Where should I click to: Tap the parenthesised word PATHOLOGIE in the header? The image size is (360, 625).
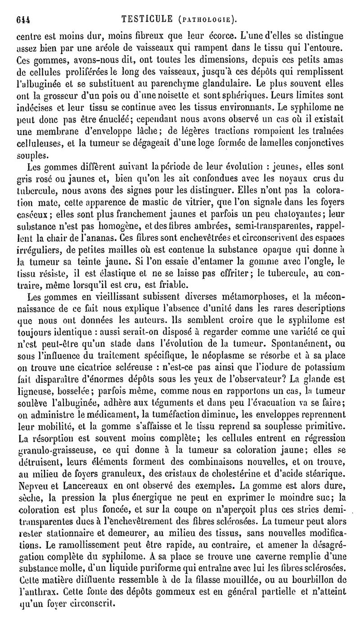(208, 20)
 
